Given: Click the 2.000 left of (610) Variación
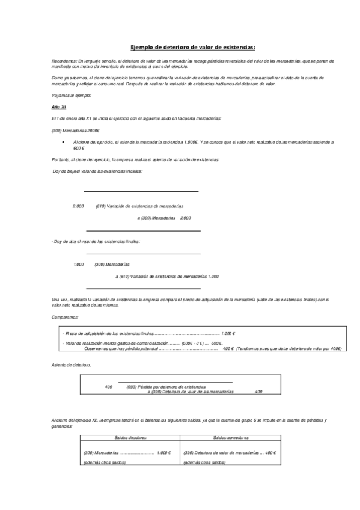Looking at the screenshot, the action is click(78, 206).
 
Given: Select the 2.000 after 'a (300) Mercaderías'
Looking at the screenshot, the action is click(186, 217).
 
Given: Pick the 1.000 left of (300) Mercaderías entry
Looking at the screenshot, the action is click(78, 265).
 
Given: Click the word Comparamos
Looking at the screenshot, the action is click(65, 316).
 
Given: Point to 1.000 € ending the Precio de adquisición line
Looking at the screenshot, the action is click(228, 333).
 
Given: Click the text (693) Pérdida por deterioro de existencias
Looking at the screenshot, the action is click(166, 386).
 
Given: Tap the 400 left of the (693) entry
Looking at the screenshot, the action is click(108, 386).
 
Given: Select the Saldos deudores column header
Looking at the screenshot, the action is click(130, 438).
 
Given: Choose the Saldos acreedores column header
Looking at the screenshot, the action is click(231, 438).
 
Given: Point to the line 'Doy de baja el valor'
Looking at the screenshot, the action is click(98, 172).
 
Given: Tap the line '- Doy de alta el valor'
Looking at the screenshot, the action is click(96, 241).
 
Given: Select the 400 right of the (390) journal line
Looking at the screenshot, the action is click(258, 392).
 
